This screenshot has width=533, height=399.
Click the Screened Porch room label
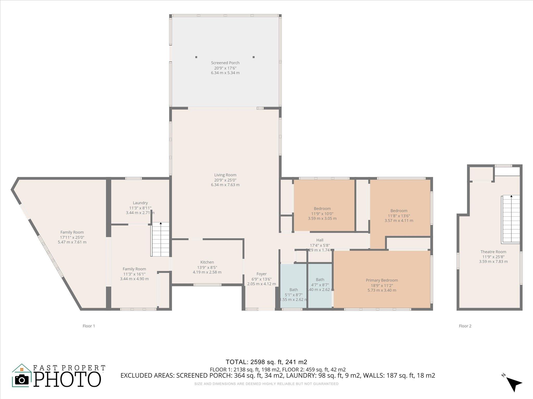pos(225,63)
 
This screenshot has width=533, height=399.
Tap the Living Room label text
pos(225,175)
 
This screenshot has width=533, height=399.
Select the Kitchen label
pos(207,262)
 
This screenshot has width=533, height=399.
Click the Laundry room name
pos(140,203)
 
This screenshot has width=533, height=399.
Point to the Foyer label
pos(261,274)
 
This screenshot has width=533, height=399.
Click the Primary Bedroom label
pos(382,280)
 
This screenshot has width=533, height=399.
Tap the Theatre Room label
pos(493,252)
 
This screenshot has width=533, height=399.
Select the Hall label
pos(320,240)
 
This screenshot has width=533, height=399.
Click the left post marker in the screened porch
pos(196,57)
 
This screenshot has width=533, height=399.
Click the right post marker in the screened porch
pos(253,57)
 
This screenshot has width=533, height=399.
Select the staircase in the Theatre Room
pos(511,219)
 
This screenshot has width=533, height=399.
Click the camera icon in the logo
pos(22,380)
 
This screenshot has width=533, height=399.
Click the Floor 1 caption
pos(89,326)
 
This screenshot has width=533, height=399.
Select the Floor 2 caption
pos(465,326)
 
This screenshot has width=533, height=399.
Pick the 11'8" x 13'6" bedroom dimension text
pos(399,216)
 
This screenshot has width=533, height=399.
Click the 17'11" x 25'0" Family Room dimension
pos(72,237)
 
